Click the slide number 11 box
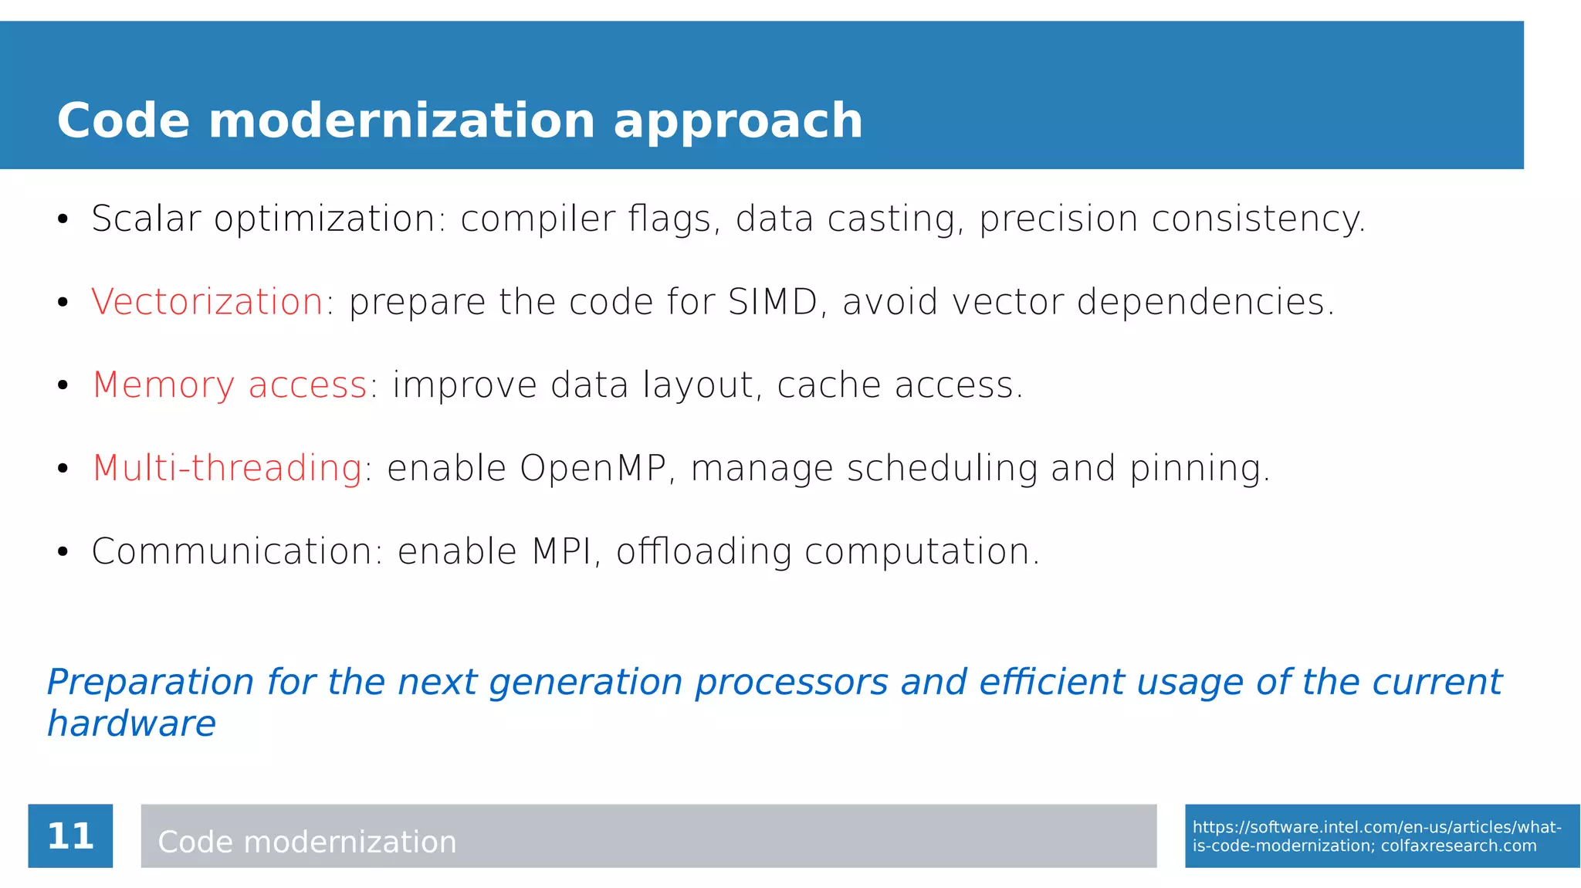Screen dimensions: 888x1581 (70, 835)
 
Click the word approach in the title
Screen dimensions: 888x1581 (737, 122)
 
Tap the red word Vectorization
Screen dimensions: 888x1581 (207, 302)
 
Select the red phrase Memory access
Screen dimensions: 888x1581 (229, 385)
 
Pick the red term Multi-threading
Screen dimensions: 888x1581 (227, 469)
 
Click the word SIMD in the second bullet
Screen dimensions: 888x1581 (772, 302)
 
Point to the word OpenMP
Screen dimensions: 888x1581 (593, 469)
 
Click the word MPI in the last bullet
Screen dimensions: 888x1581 (562, 551)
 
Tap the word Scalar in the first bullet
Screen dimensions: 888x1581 (146, 219)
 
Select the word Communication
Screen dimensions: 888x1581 (232, 551)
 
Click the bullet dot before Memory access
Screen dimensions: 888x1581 (63, 385)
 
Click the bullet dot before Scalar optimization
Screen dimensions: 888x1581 (63, 219)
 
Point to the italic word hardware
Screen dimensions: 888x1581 (131, 724)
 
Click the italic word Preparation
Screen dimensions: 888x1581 (151, 683)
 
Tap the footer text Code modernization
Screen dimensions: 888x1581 (306, 842)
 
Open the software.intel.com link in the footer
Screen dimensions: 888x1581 (1376, 828)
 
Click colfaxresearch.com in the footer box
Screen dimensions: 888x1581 (1458, 846)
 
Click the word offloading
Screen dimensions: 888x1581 (703, 551)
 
